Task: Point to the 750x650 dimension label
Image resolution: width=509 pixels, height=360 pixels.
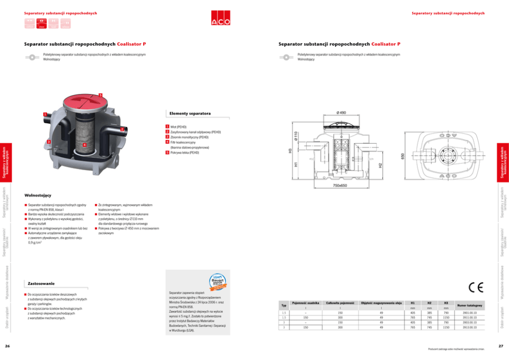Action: [x=341, y=185]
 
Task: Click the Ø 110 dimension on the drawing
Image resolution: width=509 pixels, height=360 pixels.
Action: [x=296, y=136]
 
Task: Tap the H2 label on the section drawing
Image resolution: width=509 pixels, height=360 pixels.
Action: [x=380, y=165]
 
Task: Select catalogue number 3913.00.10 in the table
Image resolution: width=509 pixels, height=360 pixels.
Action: [x=469, y=327]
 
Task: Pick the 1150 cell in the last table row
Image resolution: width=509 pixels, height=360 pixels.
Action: [x=446, y=327]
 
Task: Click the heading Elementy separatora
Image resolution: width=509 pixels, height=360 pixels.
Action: [x=189, y=113]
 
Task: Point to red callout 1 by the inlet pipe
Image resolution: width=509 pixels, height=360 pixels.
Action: [x=45, y=114]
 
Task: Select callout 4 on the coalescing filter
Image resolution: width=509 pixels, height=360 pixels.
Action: [x=84, y=145]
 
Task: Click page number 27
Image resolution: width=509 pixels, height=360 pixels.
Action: [x=501, y=346]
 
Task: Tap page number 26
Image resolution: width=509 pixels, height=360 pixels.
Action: [x=8, y=346]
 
